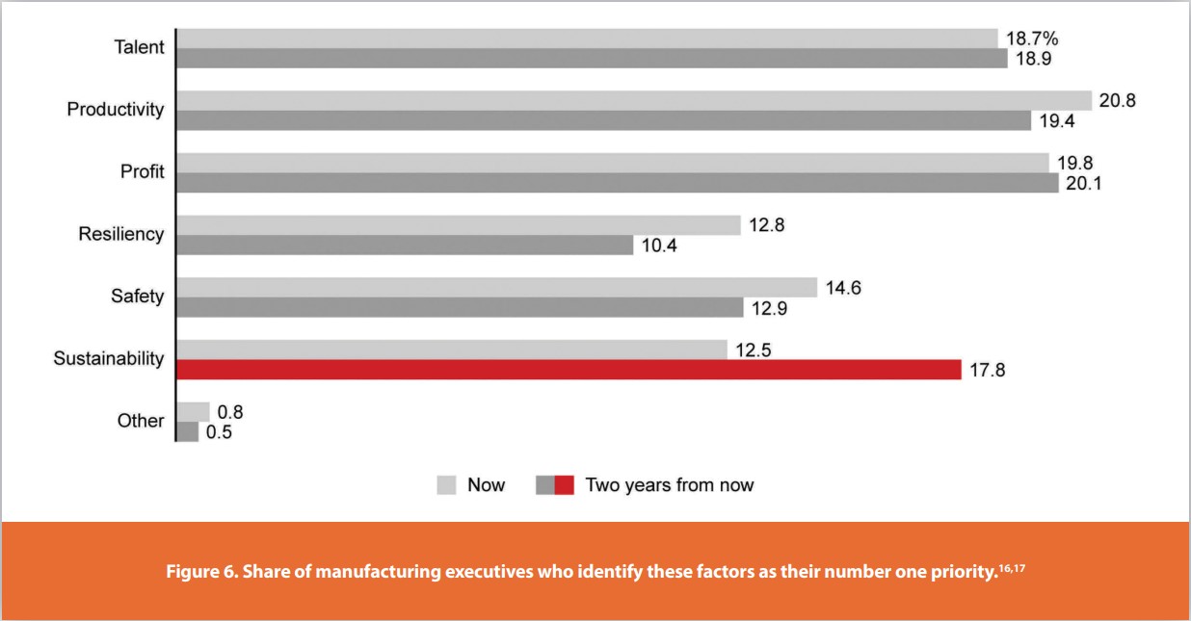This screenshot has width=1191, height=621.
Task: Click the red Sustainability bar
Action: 569,370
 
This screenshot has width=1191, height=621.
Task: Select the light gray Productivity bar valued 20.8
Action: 633,100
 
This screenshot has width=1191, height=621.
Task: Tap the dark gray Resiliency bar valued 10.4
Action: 404,246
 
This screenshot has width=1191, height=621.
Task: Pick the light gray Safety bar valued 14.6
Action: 496,287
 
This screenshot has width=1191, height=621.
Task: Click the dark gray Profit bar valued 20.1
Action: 617,183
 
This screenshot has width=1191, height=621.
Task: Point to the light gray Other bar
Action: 193,412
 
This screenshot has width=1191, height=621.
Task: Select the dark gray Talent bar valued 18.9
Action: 592,59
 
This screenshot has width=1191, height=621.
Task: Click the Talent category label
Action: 139,47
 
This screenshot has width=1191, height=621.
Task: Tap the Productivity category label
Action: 116,109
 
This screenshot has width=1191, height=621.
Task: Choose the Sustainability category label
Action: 109,359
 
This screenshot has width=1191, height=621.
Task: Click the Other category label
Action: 141,421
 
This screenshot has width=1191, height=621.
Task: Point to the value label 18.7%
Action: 1033,39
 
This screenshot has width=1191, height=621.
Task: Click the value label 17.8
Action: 987,371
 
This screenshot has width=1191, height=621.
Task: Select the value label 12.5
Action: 754,349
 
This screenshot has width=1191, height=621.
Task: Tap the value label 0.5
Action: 219,432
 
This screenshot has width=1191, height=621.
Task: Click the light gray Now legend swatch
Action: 446,485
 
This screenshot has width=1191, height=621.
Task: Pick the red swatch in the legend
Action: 565,485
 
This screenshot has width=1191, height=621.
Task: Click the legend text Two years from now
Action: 670,485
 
